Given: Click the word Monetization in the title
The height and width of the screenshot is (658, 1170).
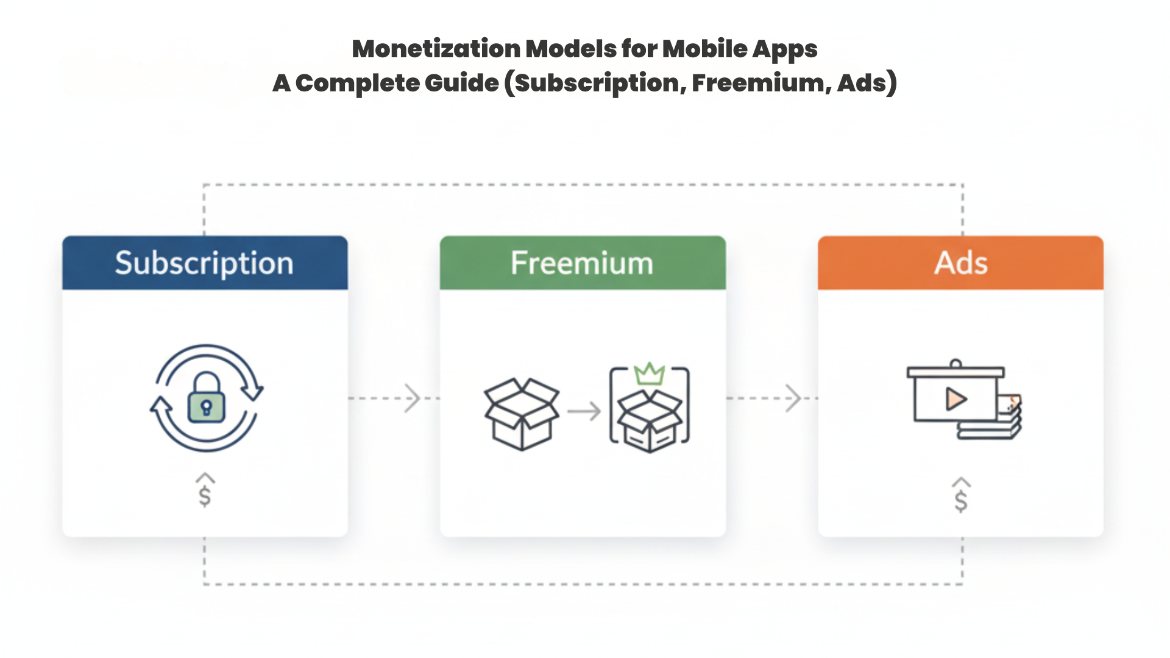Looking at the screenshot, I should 436,49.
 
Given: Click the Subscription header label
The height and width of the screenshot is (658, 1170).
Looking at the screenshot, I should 204,263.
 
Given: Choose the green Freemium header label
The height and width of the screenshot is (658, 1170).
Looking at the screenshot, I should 582,263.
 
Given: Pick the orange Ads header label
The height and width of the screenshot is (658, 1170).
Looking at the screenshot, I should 960,263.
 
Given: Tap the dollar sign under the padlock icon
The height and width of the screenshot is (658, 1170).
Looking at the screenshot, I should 205,497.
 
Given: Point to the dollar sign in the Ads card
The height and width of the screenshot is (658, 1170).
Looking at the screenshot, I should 961,501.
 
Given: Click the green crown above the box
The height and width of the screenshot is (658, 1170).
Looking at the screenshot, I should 649,373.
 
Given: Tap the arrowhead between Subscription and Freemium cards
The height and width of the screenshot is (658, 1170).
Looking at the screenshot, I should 413,398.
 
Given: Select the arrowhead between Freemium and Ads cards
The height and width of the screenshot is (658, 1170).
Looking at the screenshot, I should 793,398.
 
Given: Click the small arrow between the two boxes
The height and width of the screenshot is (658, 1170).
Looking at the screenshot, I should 584,412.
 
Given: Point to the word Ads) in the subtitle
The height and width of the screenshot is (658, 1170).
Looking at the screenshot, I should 867,83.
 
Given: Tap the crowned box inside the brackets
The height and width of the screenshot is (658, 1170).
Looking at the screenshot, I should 650,420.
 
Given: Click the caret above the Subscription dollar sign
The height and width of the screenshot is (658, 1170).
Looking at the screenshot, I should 205,478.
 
